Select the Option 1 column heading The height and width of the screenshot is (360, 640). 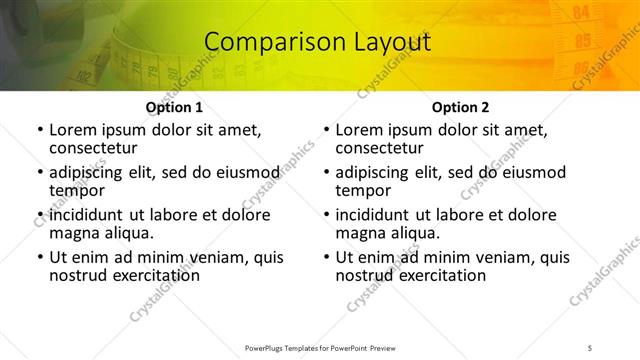[174, 107]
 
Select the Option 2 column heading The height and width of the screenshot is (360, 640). [461, 107]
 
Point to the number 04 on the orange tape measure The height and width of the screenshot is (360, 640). [582, 13]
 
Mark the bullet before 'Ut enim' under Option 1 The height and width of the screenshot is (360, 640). [39, 257]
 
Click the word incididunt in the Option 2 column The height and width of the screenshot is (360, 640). [380, 215]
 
